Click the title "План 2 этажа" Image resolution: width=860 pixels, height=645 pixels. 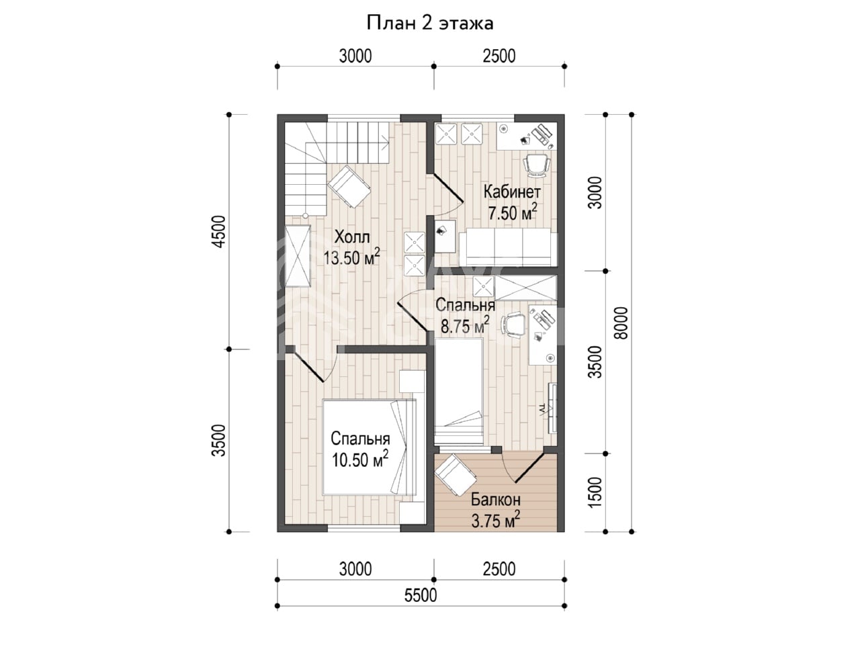429,24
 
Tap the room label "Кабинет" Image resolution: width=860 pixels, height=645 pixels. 512,192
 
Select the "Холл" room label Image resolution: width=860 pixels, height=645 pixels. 352,237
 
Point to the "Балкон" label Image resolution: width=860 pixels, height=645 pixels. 496,499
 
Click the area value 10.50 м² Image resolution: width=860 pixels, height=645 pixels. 360,460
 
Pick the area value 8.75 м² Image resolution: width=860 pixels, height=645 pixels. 465,326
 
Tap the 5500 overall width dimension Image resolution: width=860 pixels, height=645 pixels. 421,596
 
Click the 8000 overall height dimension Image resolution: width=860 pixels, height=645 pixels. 621,322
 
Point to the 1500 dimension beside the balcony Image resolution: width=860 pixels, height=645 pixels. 595,492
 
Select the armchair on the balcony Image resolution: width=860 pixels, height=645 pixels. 456,474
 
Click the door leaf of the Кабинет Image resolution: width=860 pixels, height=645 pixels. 448,189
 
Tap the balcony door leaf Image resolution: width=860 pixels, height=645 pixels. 529,467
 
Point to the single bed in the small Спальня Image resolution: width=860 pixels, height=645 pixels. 459,392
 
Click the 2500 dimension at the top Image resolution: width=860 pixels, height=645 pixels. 499,56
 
